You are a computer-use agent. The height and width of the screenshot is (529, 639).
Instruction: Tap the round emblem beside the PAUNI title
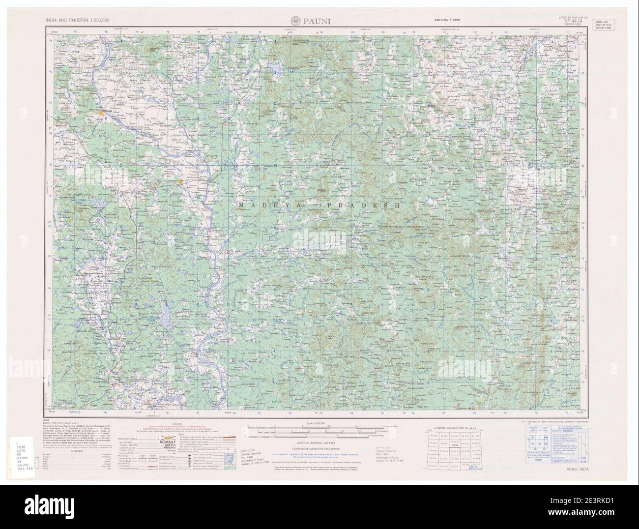point(296,21)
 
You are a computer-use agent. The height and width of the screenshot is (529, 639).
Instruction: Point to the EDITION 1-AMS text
point(448,19)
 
